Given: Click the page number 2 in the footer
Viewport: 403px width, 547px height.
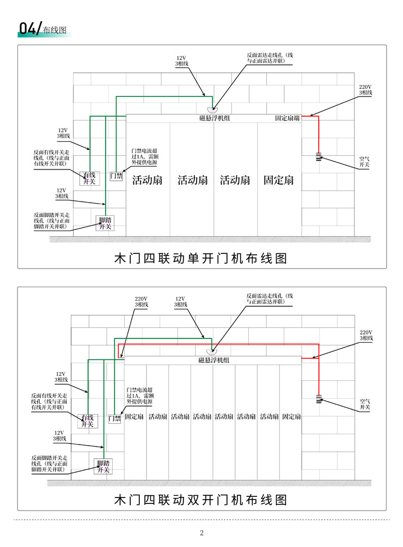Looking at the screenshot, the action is [201, 533].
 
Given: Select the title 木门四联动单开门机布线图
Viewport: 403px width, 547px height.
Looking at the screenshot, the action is [201, 258].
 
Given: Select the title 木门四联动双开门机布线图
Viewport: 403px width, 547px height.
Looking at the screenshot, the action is [201, 500].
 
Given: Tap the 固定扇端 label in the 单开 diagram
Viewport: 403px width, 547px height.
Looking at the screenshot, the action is [287, 118].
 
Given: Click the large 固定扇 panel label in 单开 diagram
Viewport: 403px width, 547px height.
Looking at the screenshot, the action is [278, 180].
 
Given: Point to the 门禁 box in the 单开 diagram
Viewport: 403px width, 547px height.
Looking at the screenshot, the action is [116, 176].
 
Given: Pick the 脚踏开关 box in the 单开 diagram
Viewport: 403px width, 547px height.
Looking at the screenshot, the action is [105, 223].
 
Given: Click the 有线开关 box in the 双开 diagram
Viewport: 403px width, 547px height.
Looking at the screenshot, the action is [88, 421].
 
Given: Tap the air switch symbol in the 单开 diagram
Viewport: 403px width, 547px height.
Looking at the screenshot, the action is [318, 156].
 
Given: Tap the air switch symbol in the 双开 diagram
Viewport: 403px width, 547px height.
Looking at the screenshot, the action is [319, 399].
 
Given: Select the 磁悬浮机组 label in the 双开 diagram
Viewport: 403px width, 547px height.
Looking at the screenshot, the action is [213, 360].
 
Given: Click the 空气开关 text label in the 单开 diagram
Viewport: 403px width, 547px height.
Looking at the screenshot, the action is [364, 161].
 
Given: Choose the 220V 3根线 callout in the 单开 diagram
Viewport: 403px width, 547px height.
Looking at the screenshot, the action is [366, 90].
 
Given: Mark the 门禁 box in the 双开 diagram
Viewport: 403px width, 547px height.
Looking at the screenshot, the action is [114, 418].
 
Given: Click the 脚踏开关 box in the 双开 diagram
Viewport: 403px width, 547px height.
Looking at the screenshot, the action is [103, 466].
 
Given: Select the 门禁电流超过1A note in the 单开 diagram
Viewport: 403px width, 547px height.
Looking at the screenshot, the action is [144, 156].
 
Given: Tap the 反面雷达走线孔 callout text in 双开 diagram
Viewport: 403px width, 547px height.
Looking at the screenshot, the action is [270, 299].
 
